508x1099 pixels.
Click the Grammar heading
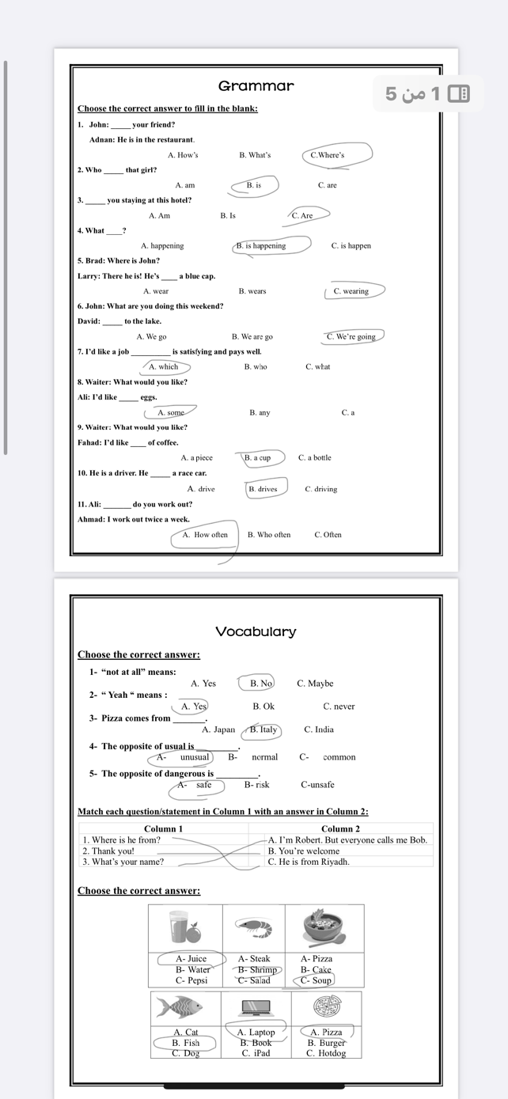point(256,85)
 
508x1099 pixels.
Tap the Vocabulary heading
point(256,631)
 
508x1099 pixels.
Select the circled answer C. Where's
point(328,155)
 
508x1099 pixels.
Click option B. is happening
point(261,246)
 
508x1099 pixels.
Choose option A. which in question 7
point(163,367)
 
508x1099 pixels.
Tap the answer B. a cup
point(257,458)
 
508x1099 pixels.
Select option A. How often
point(205,535)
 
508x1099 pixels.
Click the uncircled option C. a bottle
point(315,458)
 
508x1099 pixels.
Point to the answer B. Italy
point(263,730)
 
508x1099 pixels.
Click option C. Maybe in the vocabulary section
point(315,684)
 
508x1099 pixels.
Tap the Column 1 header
point(163,828)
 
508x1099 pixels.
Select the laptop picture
point(256,1007)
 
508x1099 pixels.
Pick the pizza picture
point(325,1007)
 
